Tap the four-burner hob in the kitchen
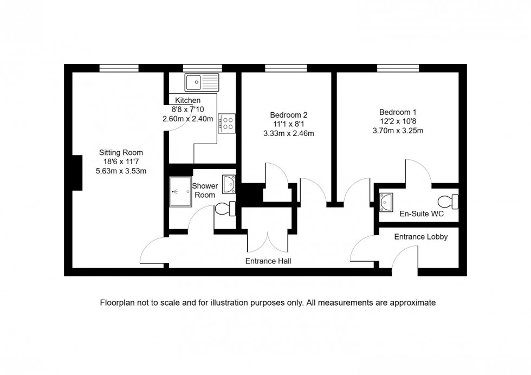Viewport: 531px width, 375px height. [227, 123]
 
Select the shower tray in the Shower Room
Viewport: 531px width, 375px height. [180, 191]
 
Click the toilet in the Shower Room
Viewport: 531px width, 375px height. [224, 208]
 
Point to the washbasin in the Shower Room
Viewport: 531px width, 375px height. [229, 184]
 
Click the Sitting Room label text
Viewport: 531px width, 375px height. [121, 152]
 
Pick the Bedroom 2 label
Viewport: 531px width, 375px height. [289, 115]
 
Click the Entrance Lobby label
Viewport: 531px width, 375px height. [420, 237]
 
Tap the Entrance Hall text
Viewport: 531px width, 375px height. [268, 261]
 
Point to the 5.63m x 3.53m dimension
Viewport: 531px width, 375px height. [121, 171]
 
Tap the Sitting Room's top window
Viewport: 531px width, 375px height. [118, 68]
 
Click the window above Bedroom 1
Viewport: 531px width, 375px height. [398, 68]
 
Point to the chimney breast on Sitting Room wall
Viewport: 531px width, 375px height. [77, 172]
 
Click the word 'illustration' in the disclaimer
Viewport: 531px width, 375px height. [226, 303]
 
